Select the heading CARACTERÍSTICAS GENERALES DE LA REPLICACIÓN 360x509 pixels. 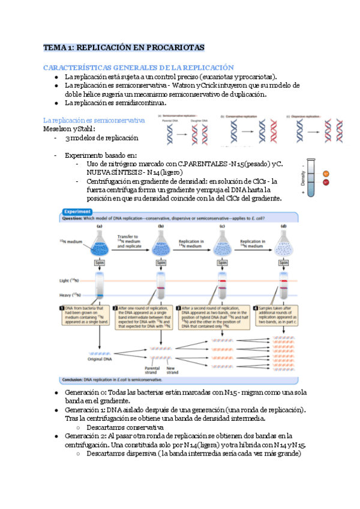coord(138,68)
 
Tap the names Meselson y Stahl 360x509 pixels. coord(68,128)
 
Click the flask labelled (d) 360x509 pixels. coord(283,245)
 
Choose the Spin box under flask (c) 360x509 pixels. coord(222,262)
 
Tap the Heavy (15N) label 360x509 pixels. coord(70,295)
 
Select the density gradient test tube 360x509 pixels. coord(310,174)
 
